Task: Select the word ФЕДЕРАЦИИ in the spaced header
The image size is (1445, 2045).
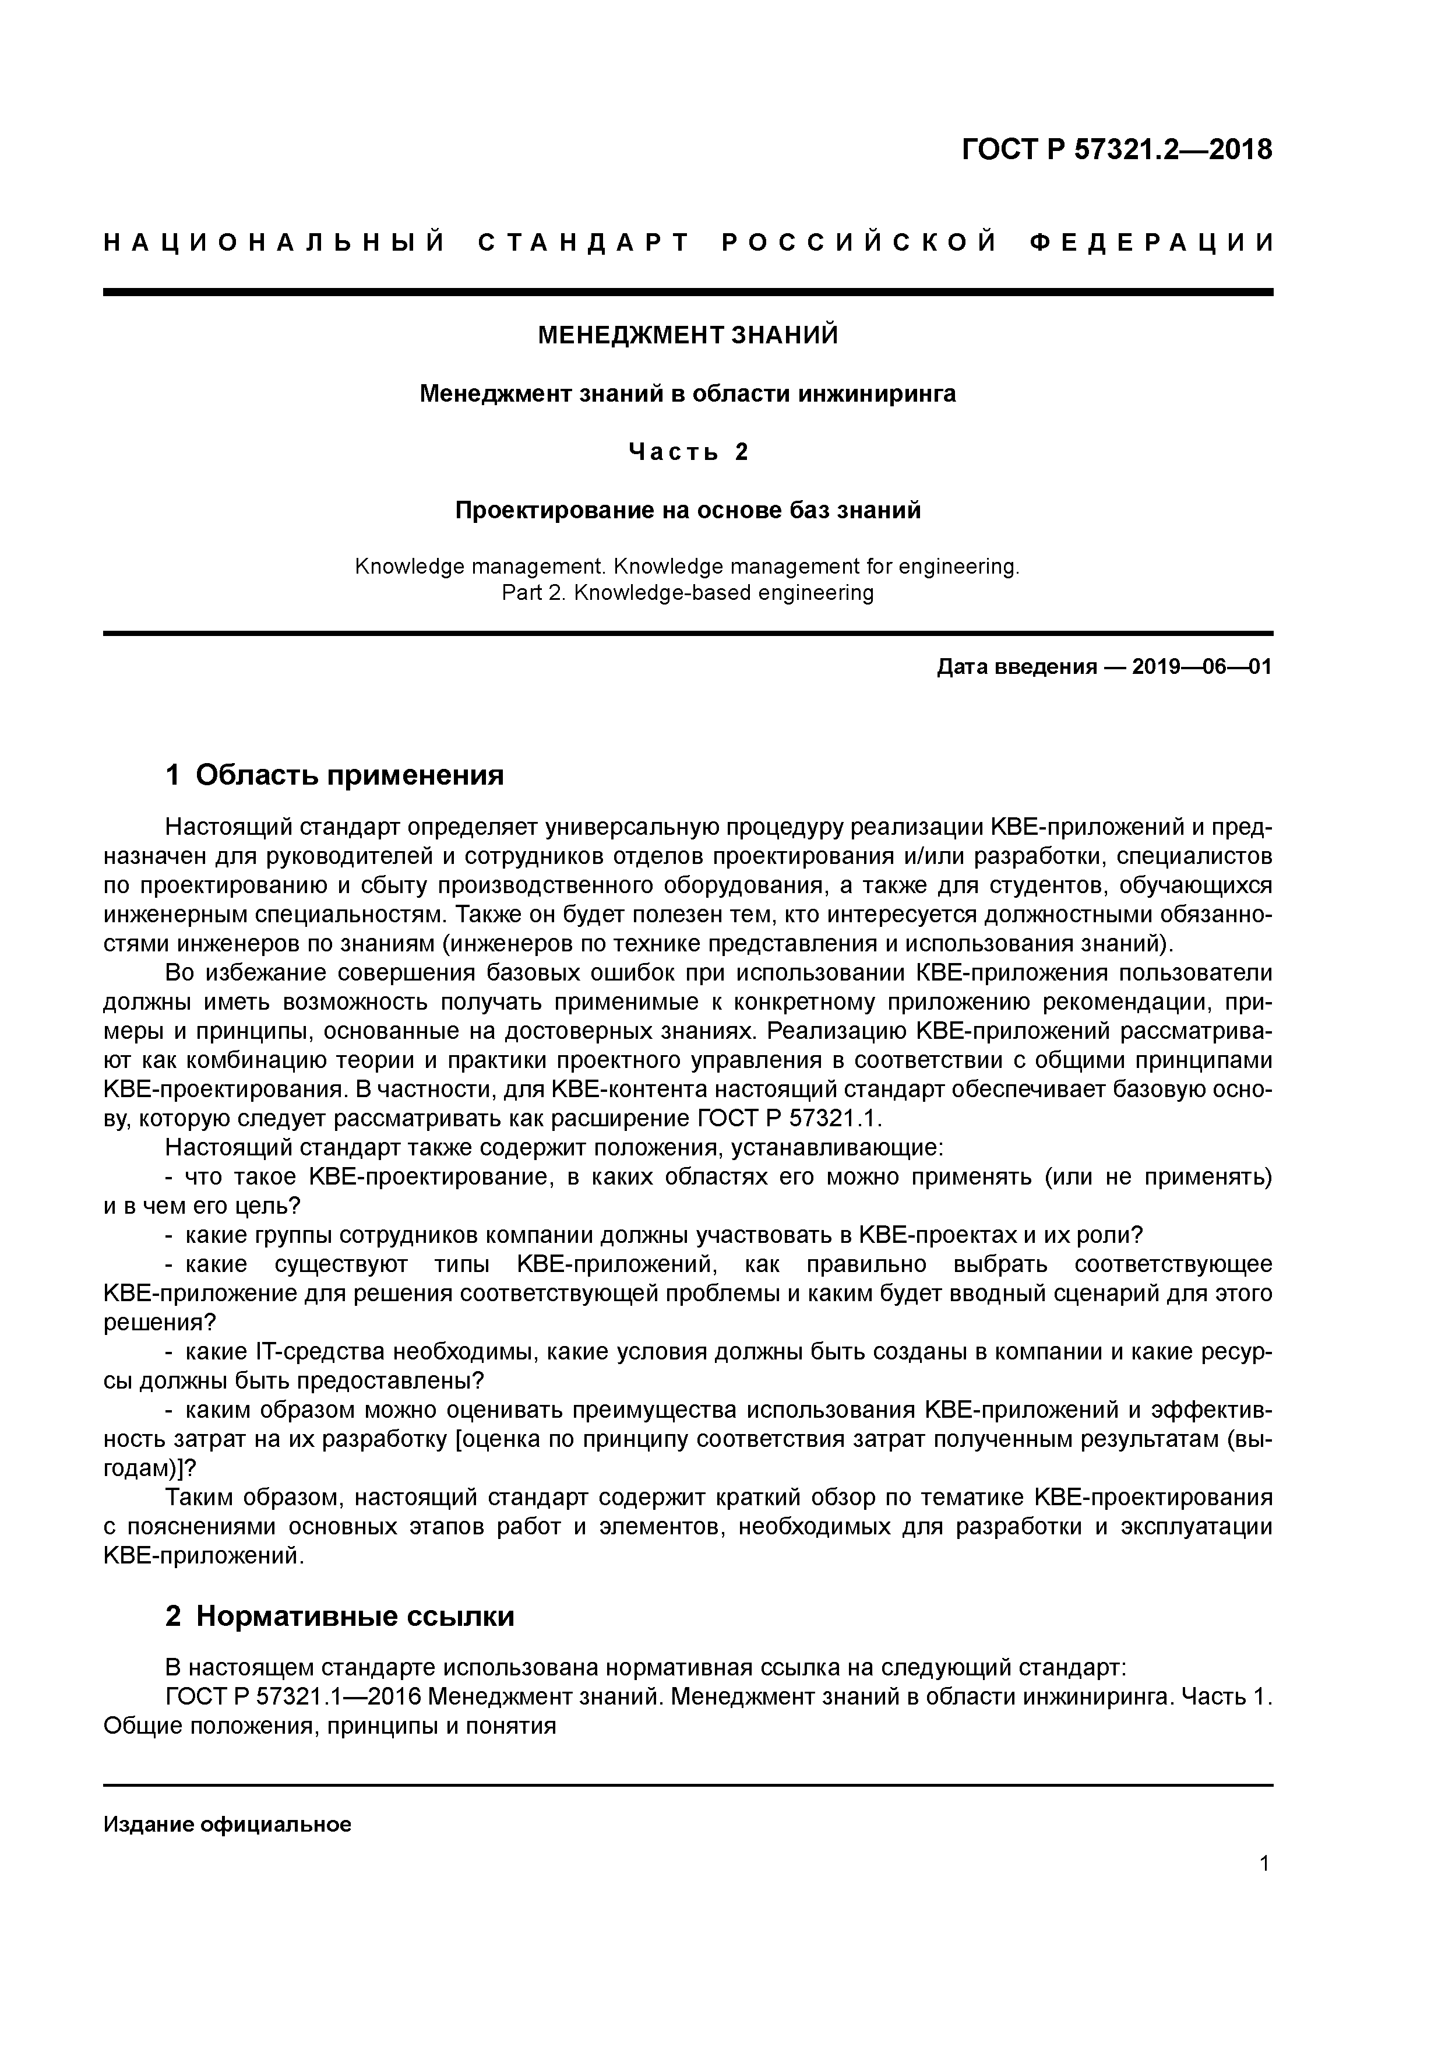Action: tap(1151, 243)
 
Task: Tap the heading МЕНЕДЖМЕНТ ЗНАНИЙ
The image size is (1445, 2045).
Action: tap(688, 336)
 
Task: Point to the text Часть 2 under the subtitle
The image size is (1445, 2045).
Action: tap(688, 452)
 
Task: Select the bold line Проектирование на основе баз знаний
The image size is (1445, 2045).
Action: tap(688, 510)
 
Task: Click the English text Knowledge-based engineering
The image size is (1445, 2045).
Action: tap(723, 592)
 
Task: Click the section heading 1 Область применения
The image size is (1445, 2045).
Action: tap(335, 775)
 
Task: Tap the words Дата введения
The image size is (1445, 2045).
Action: tap(1016, 667)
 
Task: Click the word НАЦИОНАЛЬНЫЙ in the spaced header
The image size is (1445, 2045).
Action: tap(274, 243)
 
